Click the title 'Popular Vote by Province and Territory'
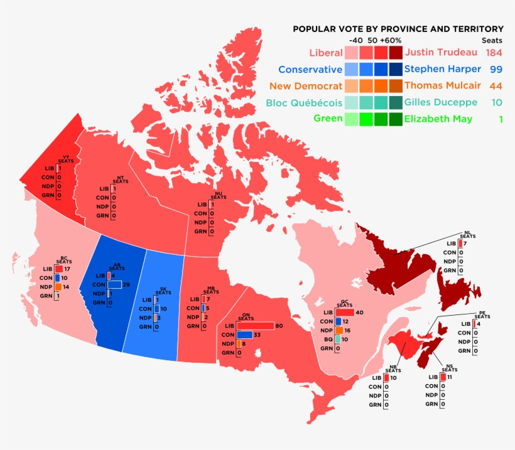(x=398, y=29)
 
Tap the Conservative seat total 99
(x=496, y=69)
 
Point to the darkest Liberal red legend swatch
(x=395, y=52)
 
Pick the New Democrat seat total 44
(x=496, y=85)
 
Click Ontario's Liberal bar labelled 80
(x=255, y=326)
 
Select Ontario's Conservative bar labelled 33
(x=245, y=335)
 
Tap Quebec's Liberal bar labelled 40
(x=344, y=312)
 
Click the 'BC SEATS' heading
(x=63, y=259)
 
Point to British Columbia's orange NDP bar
(x=58, y=287)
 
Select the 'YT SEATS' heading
(x=64, y=159)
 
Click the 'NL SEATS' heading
(x=467, y=234)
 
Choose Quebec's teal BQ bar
(x=338, y=339)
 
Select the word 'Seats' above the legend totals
(x=492, y=40)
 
